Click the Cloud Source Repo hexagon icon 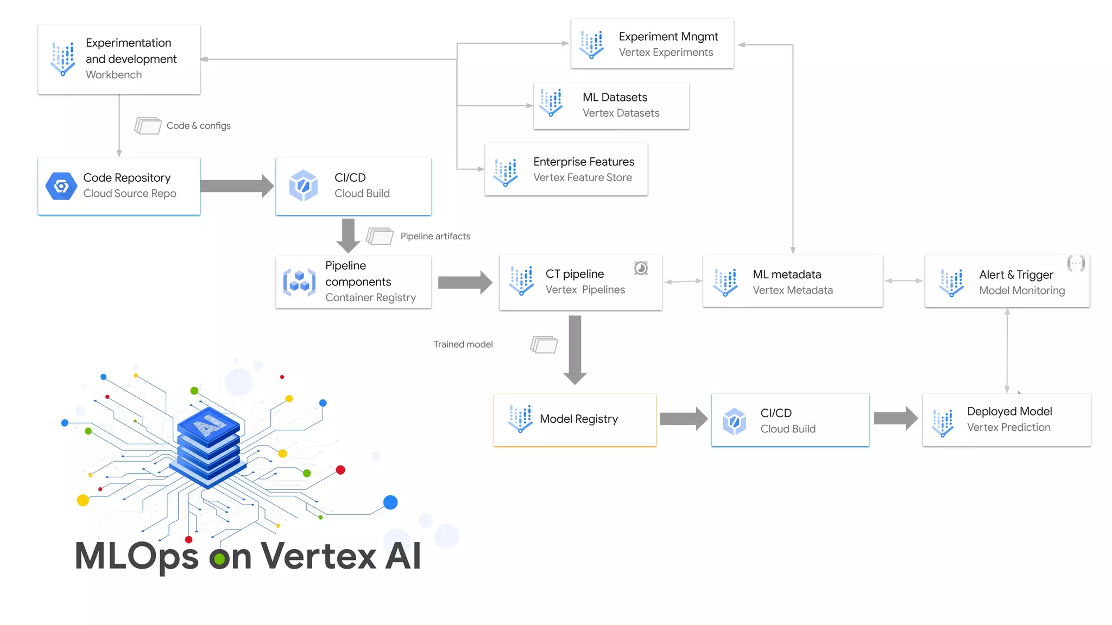(x=61, y=187)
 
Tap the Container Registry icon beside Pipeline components (x=299, y=282)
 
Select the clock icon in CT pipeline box (x=641, y=268)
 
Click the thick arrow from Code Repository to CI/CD (x=237, y=186)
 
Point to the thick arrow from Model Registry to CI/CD (x=683, y=419)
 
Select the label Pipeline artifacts (x=435, y=236)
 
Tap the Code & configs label (x=198, y=125)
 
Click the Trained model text (x=463, y=345)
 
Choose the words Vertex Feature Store (x=582, y=177)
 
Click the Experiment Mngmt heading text (x=668, y=36)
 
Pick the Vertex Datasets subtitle (x=621, y=113)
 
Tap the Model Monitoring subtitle (x=1021, y=290)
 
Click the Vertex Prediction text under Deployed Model (x=1008, y=427)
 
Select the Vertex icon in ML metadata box (x=726, y=282)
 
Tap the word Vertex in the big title (x=318, y=556)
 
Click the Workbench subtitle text (x=113, y=75)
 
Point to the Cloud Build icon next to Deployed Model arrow (x=734, y=421)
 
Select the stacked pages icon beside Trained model (x=544, y=345)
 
